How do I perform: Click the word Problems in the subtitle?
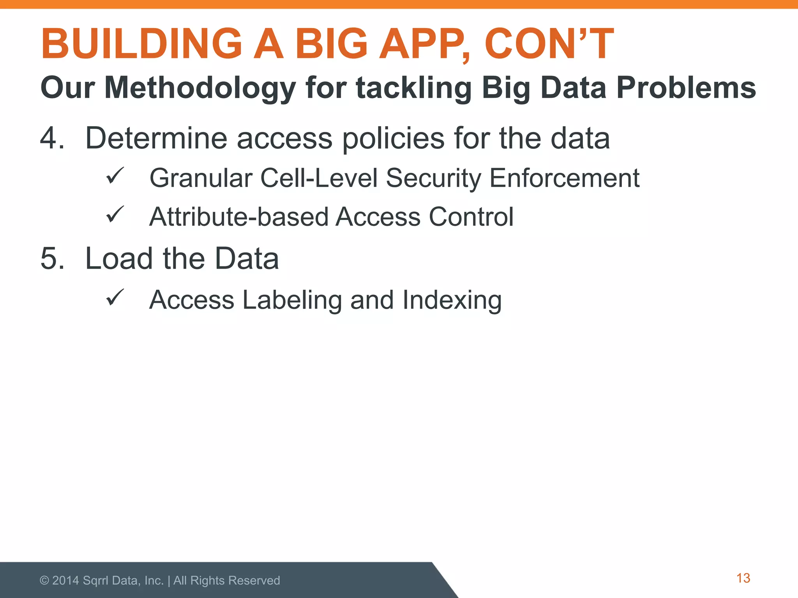686,88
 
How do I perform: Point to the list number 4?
52,138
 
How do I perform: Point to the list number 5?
52,259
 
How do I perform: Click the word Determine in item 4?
156,138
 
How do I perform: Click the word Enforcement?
564,178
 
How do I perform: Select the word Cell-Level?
319,178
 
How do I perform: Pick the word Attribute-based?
239,217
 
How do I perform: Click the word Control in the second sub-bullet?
471,217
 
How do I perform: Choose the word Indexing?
452,301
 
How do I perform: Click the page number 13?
743,578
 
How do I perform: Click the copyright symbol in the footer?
44,580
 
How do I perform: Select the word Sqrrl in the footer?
96,581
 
